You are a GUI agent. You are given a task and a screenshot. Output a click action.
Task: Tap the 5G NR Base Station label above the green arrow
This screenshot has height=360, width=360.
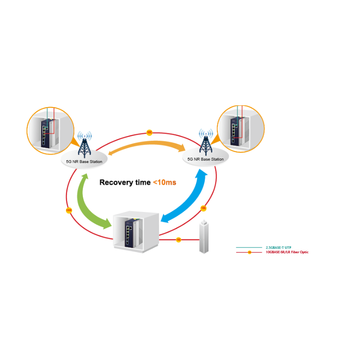84,161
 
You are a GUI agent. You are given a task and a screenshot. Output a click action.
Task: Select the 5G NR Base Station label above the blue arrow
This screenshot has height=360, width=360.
205,159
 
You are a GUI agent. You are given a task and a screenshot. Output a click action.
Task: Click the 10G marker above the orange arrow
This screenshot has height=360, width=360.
149,132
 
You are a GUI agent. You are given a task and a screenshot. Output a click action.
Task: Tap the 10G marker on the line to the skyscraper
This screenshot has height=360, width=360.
178,239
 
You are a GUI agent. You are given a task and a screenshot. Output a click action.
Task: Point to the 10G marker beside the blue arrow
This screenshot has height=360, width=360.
203,208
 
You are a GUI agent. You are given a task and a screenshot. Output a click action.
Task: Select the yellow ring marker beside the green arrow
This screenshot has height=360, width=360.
68,210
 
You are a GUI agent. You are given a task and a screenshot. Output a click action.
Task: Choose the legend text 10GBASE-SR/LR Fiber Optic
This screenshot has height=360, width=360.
287,252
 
